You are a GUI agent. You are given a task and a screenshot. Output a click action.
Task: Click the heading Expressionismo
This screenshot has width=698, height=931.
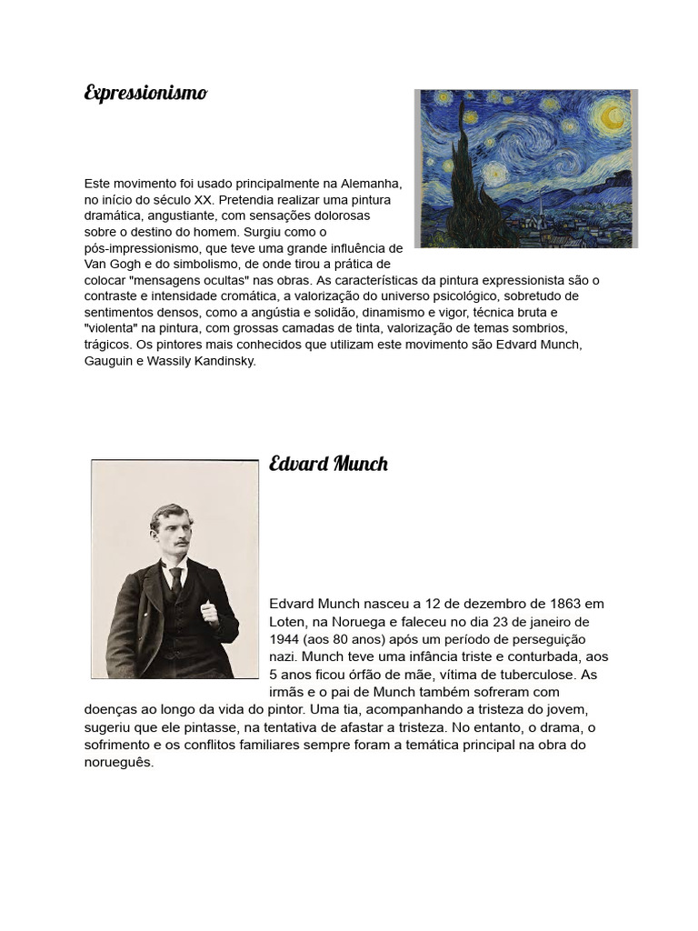[x=145, y=93]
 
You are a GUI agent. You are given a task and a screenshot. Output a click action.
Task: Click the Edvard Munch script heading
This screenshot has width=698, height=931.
[x=328, y=464]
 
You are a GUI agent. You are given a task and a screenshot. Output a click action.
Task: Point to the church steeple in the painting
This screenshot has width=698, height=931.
[x=541, y=207]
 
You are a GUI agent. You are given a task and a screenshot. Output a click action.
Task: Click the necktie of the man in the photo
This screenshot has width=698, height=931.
[x=176, y=580]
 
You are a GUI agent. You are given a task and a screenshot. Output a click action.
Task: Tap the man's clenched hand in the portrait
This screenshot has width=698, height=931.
[x=210, y=611]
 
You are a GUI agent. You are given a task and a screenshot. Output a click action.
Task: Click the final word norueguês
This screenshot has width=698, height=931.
[x=118, y=763]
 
